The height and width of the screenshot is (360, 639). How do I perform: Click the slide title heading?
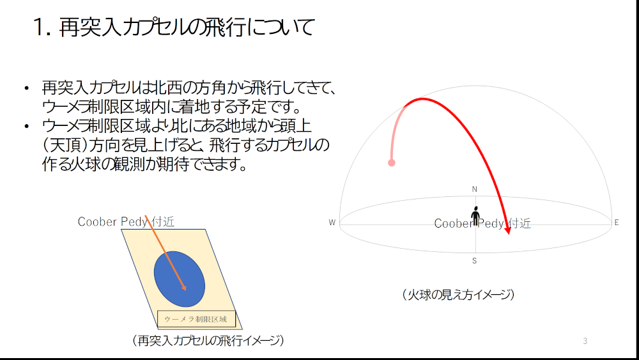(174, 27)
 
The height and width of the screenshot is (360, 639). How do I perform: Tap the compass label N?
(474, 189)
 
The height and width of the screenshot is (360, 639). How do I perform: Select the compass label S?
(474, 261)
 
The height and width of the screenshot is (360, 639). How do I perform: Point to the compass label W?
(332, 223)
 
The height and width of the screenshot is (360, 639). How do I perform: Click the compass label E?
(617, 223)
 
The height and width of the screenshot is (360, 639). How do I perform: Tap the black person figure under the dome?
(475, 215)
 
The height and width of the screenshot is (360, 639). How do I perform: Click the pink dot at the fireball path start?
(392, 163)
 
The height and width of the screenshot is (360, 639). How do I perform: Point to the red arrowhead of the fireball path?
(508, 230)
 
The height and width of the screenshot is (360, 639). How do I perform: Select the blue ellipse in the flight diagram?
(180, 279)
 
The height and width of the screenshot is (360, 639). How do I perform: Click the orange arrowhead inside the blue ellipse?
(184, 288)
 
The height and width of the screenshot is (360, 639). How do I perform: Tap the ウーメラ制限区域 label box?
(196, 319)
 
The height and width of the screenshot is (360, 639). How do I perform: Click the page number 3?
(585, 341)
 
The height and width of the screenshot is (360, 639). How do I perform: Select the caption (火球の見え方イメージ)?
(458, 294)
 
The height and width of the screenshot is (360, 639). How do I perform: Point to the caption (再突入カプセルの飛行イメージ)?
(208, 340)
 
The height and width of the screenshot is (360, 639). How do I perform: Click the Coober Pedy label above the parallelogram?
(126, 222)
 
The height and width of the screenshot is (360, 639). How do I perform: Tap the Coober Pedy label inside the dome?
(482, 223)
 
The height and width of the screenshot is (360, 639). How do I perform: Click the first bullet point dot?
(27, 88)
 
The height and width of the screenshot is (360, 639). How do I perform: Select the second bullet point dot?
(27, 127)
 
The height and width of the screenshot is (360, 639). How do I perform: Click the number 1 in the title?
(39, 27)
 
